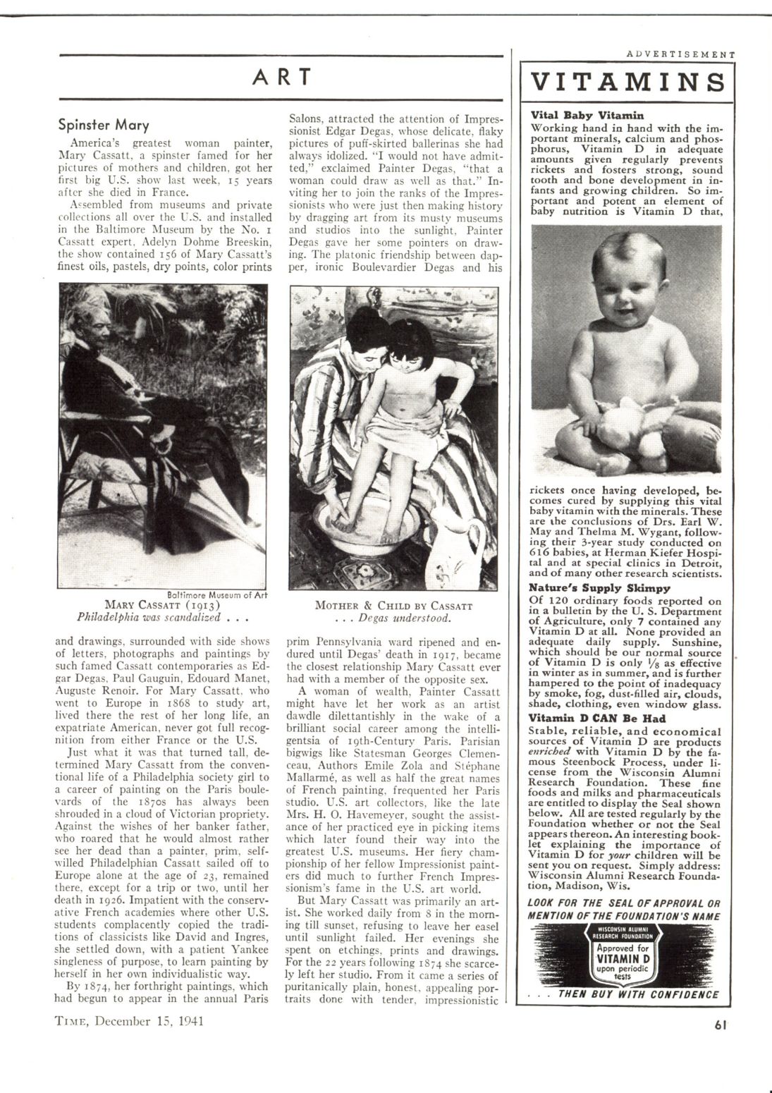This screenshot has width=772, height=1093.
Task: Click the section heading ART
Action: point(281,77)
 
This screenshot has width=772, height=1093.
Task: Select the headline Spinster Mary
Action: point(104,126)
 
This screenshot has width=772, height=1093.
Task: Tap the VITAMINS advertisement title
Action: point(626,82)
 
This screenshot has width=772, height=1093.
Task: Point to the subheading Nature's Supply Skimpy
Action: point(599,587)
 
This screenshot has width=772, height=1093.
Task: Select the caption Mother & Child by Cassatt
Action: point(393,606)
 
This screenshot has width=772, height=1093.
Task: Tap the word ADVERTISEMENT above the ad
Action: point(680,54)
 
